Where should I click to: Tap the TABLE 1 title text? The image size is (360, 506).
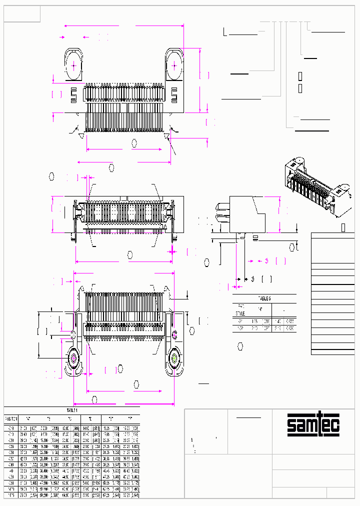tap(72, 410)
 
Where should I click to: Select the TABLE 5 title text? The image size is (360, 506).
tap(264, 298)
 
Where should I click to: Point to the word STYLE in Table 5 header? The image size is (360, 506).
tap(240, 313)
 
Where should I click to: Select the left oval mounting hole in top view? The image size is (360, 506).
tap(74, 65)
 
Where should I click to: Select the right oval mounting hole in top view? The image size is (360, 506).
tap(174, 65)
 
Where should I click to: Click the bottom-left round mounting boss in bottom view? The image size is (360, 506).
tap(73, 358)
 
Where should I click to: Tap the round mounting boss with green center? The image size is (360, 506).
tap(174, 358)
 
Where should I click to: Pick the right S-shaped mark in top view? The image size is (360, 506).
tap(175, 93)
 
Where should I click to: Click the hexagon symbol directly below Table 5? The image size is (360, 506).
tap(240, 346)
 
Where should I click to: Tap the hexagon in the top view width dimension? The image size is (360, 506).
tap(134, 143)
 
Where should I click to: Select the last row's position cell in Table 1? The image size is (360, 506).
tap(11, 495)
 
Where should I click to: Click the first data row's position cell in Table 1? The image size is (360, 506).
tap(11, 428)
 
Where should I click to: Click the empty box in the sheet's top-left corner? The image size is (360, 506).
tap(22, 14)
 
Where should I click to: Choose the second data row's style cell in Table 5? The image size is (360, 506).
tap(241, 328)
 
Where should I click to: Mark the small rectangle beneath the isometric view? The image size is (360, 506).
tap(343, 227)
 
